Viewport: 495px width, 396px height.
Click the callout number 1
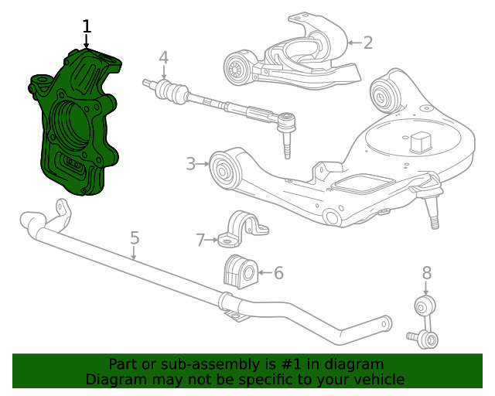pyautogui.click(x=87, y=26)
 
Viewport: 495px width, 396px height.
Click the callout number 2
pyautogui.click(x=367, y=42)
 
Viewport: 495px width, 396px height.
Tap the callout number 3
pyautogui.click(x=190, y=163)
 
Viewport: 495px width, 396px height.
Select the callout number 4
pyautogui.click(x=163, y=57)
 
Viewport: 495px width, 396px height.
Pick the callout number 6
pyautogui.click(x=278, y=272)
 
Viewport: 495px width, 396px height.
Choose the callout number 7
pyautogui.click(x=200, y=241)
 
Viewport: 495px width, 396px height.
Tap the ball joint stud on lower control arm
pyautogui.click(x=433, y=213)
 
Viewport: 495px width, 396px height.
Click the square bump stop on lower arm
pyautogui.click(x=420, y=143)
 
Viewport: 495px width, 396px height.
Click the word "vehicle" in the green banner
pyautogui.click(x=376, y=379)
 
